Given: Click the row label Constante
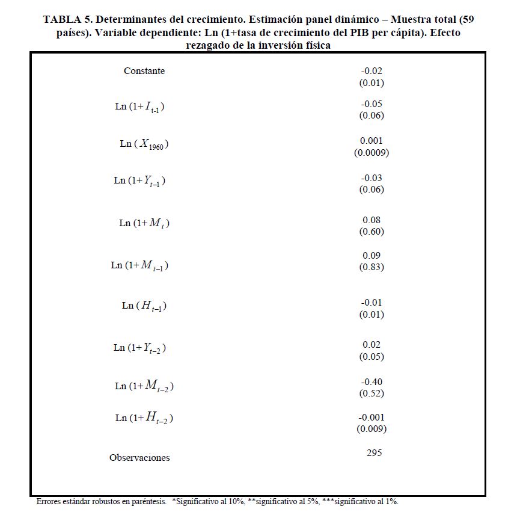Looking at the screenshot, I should pos(144,71).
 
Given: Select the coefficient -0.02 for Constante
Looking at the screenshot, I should pos(372,71).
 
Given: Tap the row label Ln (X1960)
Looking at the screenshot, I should pos(144,144).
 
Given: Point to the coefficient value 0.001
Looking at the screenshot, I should pos(372,141).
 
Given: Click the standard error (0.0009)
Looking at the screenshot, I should pos(372,153).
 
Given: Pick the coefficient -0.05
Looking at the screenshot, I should pos(372,104).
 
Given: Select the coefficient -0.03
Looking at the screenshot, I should pos(372,178).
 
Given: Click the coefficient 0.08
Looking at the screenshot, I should pos(372,220).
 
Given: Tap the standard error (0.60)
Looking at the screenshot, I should pos(372,232).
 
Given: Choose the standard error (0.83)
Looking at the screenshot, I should pos(372,267).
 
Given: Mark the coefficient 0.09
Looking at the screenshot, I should pos(372,256).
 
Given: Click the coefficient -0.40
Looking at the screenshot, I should pos(372,382).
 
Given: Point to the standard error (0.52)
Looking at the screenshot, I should pos(372,393).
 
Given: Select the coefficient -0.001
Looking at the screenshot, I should pos(372,418).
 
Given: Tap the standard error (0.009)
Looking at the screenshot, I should pos(372,429).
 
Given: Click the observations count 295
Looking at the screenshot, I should pos(374,453).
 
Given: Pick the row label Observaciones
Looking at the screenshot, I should pos(139,458).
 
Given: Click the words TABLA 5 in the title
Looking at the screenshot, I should pos(67,20).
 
